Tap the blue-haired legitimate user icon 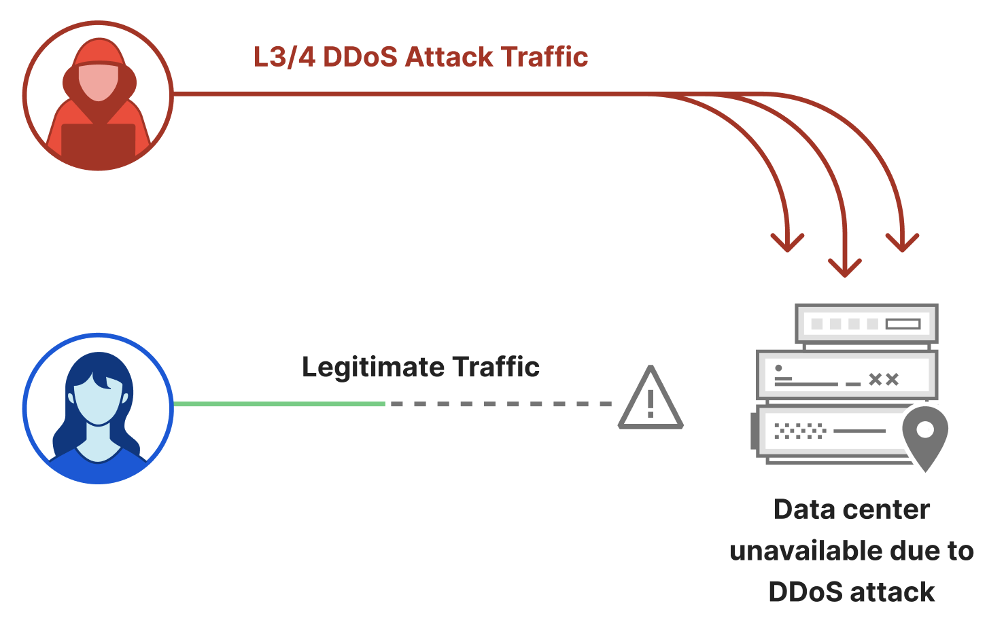99,408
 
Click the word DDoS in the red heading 360,57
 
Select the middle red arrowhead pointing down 845,268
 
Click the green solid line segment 279,404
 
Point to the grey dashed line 500,404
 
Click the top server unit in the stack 867,324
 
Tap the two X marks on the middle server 884,380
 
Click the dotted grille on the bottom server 800,431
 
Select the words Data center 851,509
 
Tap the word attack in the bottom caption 892,592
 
